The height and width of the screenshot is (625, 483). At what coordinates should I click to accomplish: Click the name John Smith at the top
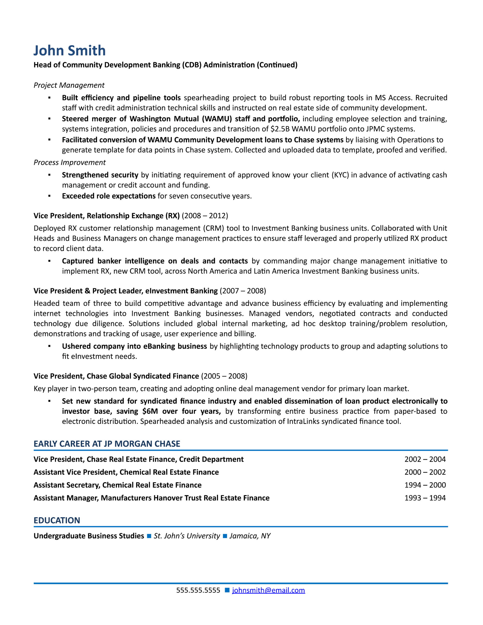[x=70, y=51]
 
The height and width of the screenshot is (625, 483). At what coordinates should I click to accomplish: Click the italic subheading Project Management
[x=69, y=85]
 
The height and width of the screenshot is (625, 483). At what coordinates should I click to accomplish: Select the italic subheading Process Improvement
[x=70, y=162]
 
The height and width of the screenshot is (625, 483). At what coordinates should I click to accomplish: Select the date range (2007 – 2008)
[x=243, y=291]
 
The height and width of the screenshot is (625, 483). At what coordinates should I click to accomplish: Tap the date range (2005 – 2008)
[x=224, y=376]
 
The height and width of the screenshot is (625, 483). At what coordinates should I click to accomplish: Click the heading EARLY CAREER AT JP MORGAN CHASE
[x=107, y=444]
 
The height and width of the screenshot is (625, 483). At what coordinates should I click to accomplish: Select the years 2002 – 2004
[x=425, y=459]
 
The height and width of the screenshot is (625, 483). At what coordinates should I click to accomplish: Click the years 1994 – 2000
[x=425, y=485]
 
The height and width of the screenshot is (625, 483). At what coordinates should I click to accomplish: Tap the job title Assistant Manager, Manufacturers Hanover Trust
[x=151, y=498]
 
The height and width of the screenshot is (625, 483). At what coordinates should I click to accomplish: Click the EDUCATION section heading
[x=57, y=520]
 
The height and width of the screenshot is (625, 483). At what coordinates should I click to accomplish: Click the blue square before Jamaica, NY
[x=225, y=536]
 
